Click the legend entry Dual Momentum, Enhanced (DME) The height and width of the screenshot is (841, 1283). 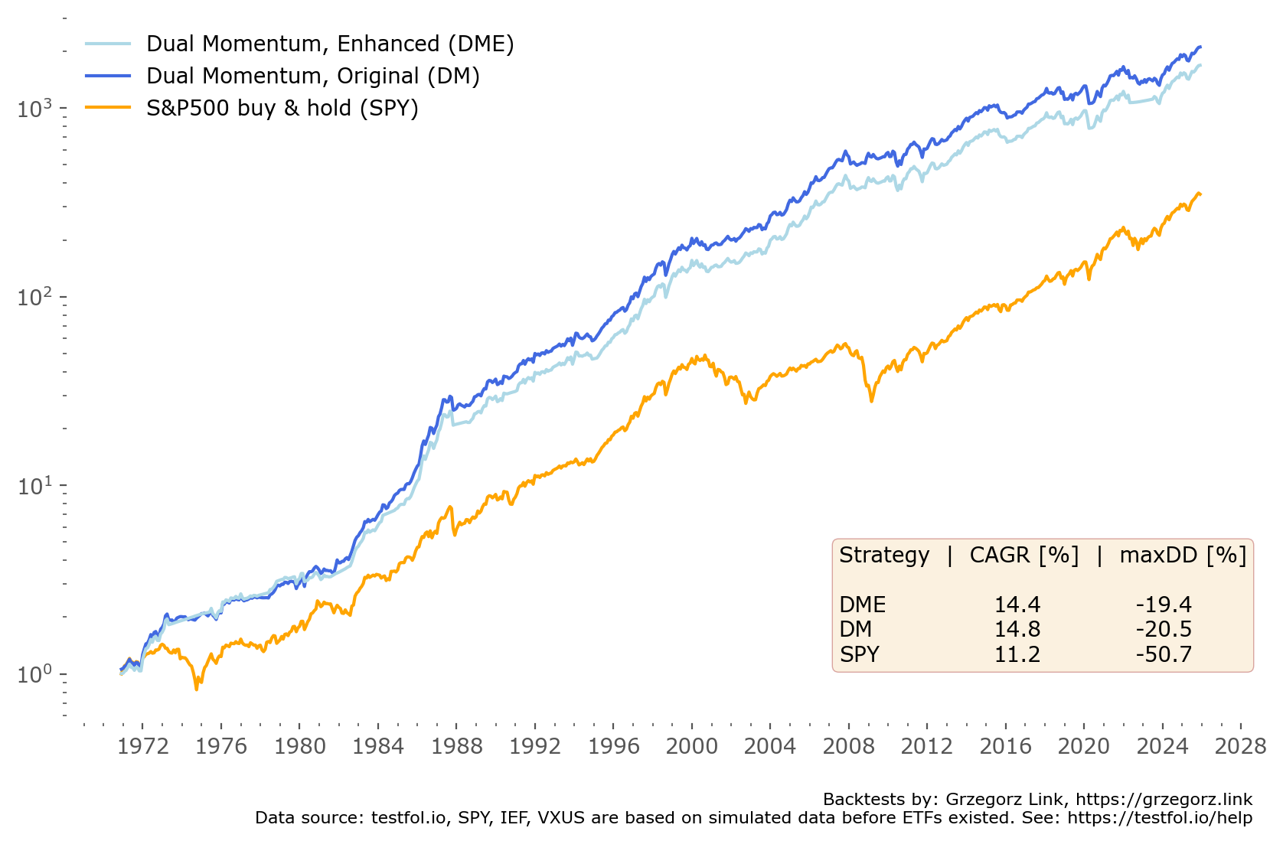pos(330,44)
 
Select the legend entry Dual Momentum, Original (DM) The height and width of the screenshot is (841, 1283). pos(312,76)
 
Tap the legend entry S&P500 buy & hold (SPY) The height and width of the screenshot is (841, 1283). pos(282,108)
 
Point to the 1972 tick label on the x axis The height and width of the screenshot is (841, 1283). pos(142,746)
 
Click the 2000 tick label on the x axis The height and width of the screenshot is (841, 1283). pos(691,746)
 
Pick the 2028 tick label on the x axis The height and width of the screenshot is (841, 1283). pos(1240,746)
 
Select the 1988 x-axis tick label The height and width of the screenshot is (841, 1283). pos(456,746)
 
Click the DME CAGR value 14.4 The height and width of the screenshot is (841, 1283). pos(1017,605)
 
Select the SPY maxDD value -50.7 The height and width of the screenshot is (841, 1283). pos(1164,654)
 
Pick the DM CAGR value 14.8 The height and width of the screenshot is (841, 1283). pos(1017,629)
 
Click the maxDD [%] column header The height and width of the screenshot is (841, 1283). pos(1183,555)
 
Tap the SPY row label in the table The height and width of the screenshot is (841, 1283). pos(859,654)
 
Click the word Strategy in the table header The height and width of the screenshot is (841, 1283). pos(884,555)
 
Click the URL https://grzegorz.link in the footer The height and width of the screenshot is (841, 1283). pos(1164,800)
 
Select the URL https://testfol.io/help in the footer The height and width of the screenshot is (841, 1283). pos(1160,818)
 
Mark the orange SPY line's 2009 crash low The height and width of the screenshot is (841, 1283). pos(871,401)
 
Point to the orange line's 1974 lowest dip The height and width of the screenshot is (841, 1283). pos(197,689)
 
